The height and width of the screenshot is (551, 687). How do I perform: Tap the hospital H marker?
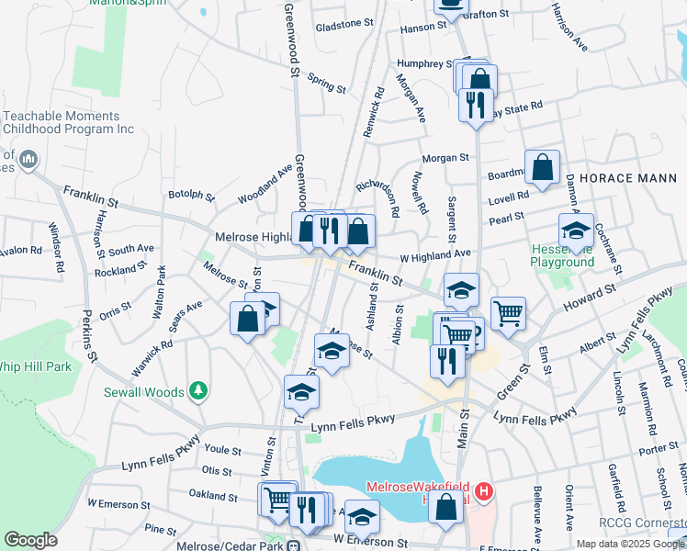coord(484,493)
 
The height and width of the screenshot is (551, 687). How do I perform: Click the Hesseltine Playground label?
coord(562,255)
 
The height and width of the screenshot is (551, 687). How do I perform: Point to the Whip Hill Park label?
coord(35,365)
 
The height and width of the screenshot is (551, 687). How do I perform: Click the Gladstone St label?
coord(345,28)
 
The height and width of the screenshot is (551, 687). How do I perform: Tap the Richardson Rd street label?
coord(377,197)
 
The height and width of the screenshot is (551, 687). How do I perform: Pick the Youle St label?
coord(222,451)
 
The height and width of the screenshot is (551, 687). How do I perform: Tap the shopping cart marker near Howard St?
coord(508,313)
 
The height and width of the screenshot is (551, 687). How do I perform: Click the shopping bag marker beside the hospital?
coord(446,507)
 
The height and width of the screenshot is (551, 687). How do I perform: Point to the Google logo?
coord(30,540)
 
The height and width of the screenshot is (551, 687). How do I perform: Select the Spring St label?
coord(326,84)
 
